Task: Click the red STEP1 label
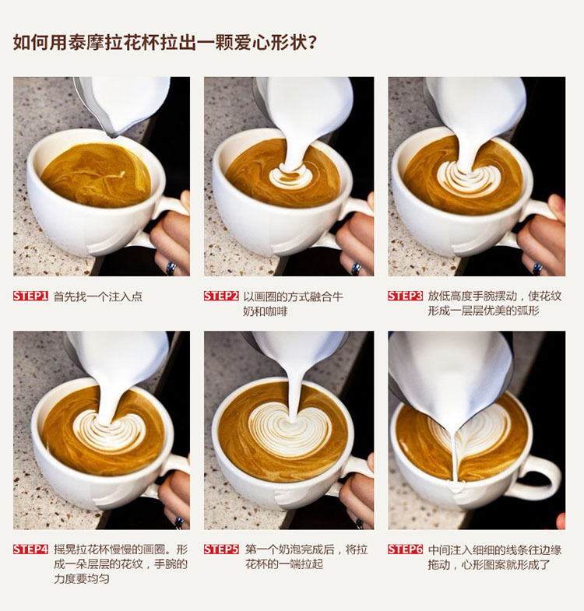click(x=30, y=296)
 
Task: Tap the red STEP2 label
click(x=221, y=296)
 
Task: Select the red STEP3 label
click(x=405, y=296)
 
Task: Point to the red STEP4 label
click(x=30, y=549)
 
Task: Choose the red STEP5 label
click(x=221, y=549)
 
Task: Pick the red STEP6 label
click(x=405, y=549)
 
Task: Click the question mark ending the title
click(x=311, y=43)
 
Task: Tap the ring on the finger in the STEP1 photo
click(x=171, y=268)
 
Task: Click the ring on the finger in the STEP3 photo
click(x=538, y=269)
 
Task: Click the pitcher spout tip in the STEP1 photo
click(x=112, y=135)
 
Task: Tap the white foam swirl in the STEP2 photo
click(x=288, y=177)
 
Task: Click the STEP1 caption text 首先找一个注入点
click(x=98, y=297)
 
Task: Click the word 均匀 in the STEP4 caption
click(x=98, y=578)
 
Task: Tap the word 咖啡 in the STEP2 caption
click(x=276, y=311)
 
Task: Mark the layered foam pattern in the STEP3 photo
click(x=467, y=180)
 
